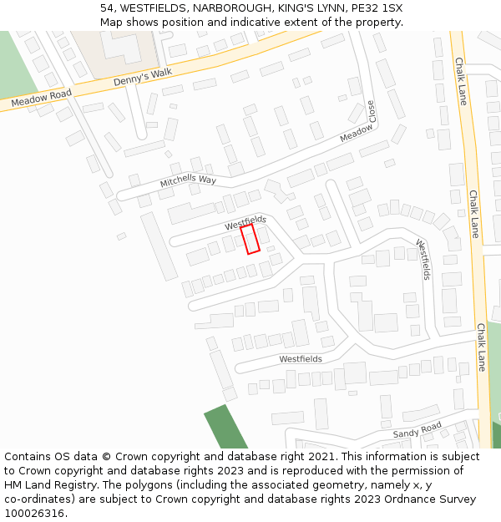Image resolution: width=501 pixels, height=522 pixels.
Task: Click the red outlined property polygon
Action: (x=250, y=239)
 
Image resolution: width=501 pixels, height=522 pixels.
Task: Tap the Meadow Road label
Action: (x=42, y=97)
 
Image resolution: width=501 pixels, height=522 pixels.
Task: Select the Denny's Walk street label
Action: (x=142, y=77)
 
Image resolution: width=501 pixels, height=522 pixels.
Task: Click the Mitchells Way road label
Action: (x=188, y=180)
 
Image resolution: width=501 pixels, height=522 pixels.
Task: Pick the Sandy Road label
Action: (x=417, y=430)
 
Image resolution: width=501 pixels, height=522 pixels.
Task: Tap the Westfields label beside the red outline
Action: (x=245, y=222)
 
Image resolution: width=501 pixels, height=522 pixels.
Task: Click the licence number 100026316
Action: (x=34, y=514)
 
